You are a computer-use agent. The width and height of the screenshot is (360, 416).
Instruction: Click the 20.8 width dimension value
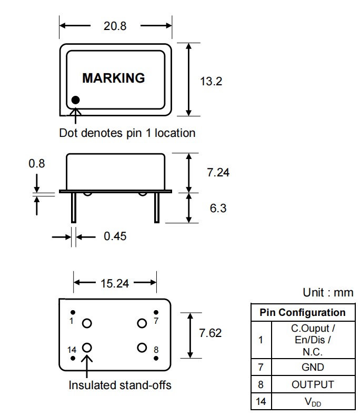[115, 26]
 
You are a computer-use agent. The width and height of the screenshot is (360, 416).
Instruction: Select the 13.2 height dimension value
[211, 81]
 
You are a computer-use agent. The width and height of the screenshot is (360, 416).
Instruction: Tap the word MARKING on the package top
[113, 78]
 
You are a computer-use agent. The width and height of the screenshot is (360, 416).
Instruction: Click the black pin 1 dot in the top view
[76, 100]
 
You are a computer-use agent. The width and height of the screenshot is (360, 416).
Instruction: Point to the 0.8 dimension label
[36, 163]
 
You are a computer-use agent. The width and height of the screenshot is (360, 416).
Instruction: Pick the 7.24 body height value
[218, 172]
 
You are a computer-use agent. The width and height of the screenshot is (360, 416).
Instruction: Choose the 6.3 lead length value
[218, 208]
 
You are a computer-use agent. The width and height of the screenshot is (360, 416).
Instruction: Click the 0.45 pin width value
[115, 236]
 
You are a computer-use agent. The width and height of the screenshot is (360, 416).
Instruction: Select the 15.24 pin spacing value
[114, 283]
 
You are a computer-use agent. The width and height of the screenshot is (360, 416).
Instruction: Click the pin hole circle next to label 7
[142, 323]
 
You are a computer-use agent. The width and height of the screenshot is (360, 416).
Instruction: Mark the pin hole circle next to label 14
[87, 348]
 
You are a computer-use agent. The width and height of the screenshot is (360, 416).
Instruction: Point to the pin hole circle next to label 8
[142, 348]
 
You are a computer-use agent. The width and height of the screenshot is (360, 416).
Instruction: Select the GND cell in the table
[313, 367]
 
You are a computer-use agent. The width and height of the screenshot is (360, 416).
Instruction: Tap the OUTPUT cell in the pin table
[313, 384]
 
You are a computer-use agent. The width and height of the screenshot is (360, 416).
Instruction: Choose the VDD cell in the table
[313, 402]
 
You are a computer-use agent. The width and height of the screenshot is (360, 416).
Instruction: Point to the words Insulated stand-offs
[120, 385]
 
